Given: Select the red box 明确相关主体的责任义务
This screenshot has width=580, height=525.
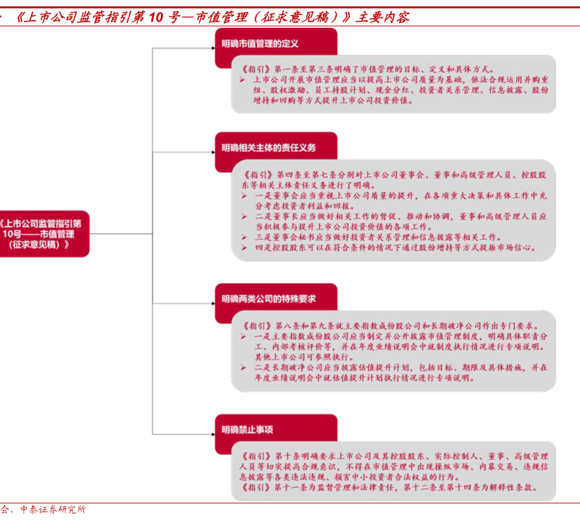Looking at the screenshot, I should pos(269,147).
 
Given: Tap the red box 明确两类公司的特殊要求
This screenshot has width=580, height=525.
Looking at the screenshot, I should pos(269,299).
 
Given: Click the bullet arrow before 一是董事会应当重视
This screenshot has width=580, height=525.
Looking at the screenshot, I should pos(244,195).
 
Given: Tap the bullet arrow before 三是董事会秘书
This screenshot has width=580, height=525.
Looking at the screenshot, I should pos(244,237).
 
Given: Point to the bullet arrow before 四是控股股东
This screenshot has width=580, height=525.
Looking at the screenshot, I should pos(244,247).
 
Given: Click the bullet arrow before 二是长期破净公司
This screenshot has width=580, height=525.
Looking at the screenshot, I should pos(244,368).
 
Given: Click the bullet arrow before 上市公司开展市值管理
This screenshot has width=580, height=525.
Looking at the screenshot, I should pos(242,80).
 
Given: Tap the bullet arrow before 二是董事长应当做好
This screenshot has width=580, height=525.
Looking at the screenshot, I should pos(244,216).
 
